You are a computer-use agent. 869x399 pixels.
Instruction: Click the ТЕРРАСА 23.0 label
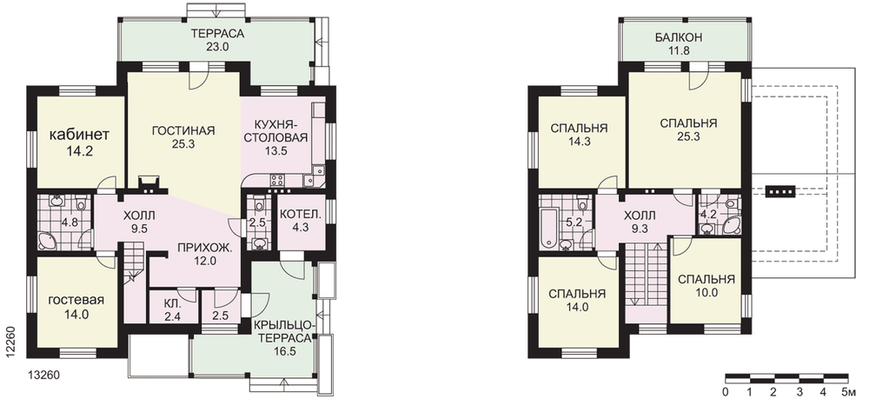pyautogui.click(x=218, y=41)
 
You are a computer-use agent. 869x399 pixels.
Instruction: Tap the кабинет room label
pyautogui.click(x=79, y=135)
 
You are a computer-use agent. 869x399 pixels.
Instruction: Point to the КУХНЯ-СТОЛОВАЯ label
pyautogui.click(x=275, y=130)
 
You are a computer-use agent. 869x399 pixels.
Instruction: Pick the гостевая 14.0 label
pyautogui.click(x=76, y=307)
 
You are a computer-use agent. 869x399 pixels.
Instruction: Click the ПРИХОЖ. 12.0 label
pyautogui.click(x=204, y=255)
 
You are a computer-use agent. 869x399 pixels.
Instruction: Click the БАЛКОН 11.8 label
pyautogui.click(x=679, y=44)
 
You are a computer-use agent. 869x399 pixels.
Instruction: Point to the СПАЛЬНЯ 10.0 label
pyautogui.click(x=706, y=286)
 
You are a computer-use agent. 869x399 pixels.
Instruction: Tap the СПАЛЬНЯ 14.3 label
pyautogui.click(x=579, y=135)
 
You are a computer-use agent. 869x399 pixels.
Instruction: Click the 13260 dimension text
pyautogui.click(x=43, y=376)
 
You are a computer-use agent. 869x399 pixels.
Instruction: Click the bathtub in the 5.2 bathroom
pyautogui.click(x=546, y=225)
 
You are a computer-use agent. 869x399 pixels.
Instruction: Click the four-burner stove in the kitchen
pyautogui.click(x=276, y=180)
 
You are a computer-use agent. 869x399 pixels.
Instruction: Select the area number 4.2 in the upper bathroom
pyautogui.click(x=709, y=214)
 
